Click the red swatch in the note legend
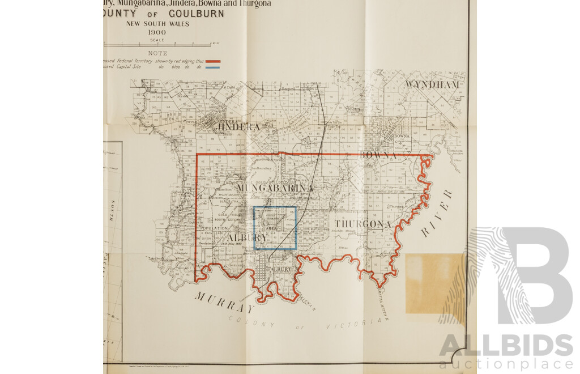[x=213, y=61]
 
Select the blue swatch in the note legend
[x=213, y=67]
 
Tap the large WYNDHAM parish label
[x=432, y=85]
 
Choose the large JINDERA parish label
[x=238, y=127]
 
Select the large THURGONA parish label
[x=362, y=224]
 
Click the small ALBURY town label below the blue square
[x=281, y=270]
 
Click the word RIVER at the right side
[x=438, y=212]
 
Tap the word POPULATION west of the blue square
[x=214, y=228]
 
